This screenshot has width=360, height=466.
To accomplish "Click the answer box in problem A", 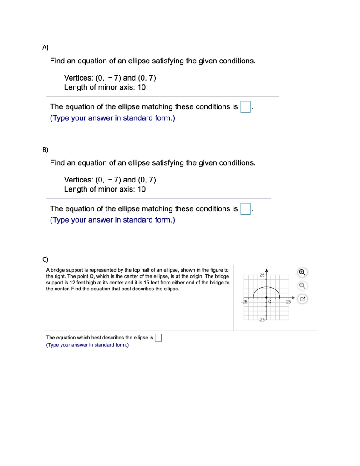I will (x=245, y=107).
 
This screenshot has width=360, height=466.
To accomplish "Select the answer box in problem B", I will (x=245, y=209).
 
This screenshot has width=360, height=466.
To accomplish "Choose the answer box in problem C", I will (x=158, y=338).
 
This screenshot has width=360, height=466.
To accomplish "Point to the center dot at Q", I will (x=266, y=297).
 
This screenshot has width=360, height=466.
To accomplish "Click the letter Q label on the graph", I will (x=270, y=302).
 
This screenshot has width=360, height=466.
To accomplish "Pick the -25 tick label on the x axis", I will (x=244, y=302).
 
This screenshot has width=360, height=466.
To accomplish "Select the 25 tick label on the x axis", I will (x=288, y=302).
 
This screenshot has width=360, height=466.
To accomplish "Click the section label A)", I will (x=45, y=47).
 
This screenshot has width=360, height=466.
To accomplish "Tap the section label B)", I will (x=45, y=149).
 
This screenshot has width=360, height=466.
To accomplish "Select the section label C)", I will (x=45, y=259).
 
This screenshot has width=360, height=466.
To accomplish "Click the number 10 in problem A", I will (x=142, y=87).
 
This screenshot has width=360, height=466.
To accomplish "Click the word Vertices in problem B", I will (x=78, y=179).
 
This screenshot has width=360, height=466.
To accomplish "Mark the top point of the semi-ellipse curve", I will (x=266, y=286).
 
